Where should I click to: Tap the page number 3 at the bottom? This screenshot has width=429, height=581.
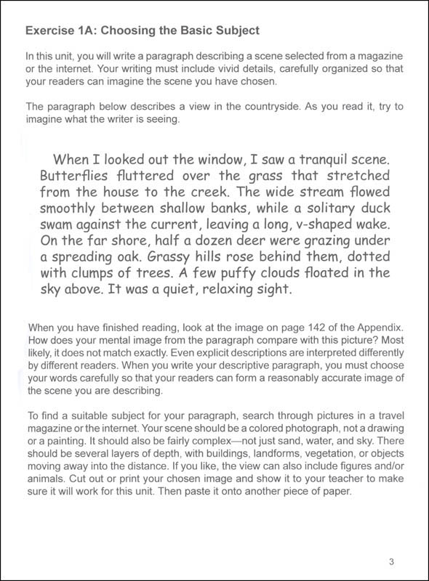(x=392, y=560)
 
